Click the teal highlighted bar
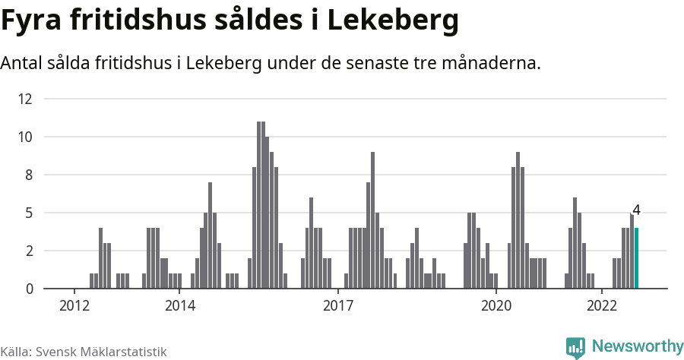pos(636,258)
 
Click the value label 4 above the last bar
pos(636,210)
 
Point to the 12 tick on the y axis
pos(26,99)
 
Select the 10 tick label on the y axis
pos(26,137)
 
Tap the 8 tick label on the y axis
pos(28,175)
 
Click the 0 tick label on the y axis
pos(28,289)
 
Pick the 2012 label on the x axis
pos(74,305)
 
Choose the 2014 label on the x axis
pos(179,305)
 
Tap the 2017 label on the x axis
pos(338,305)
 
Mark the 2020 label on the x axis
pos(496,305)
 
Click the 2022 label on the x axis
pos(602,305)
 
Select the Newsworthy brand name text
pos(638,346)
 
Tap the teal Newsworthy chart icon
pos(575,348)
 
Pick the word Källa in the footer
pos(15,352)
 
